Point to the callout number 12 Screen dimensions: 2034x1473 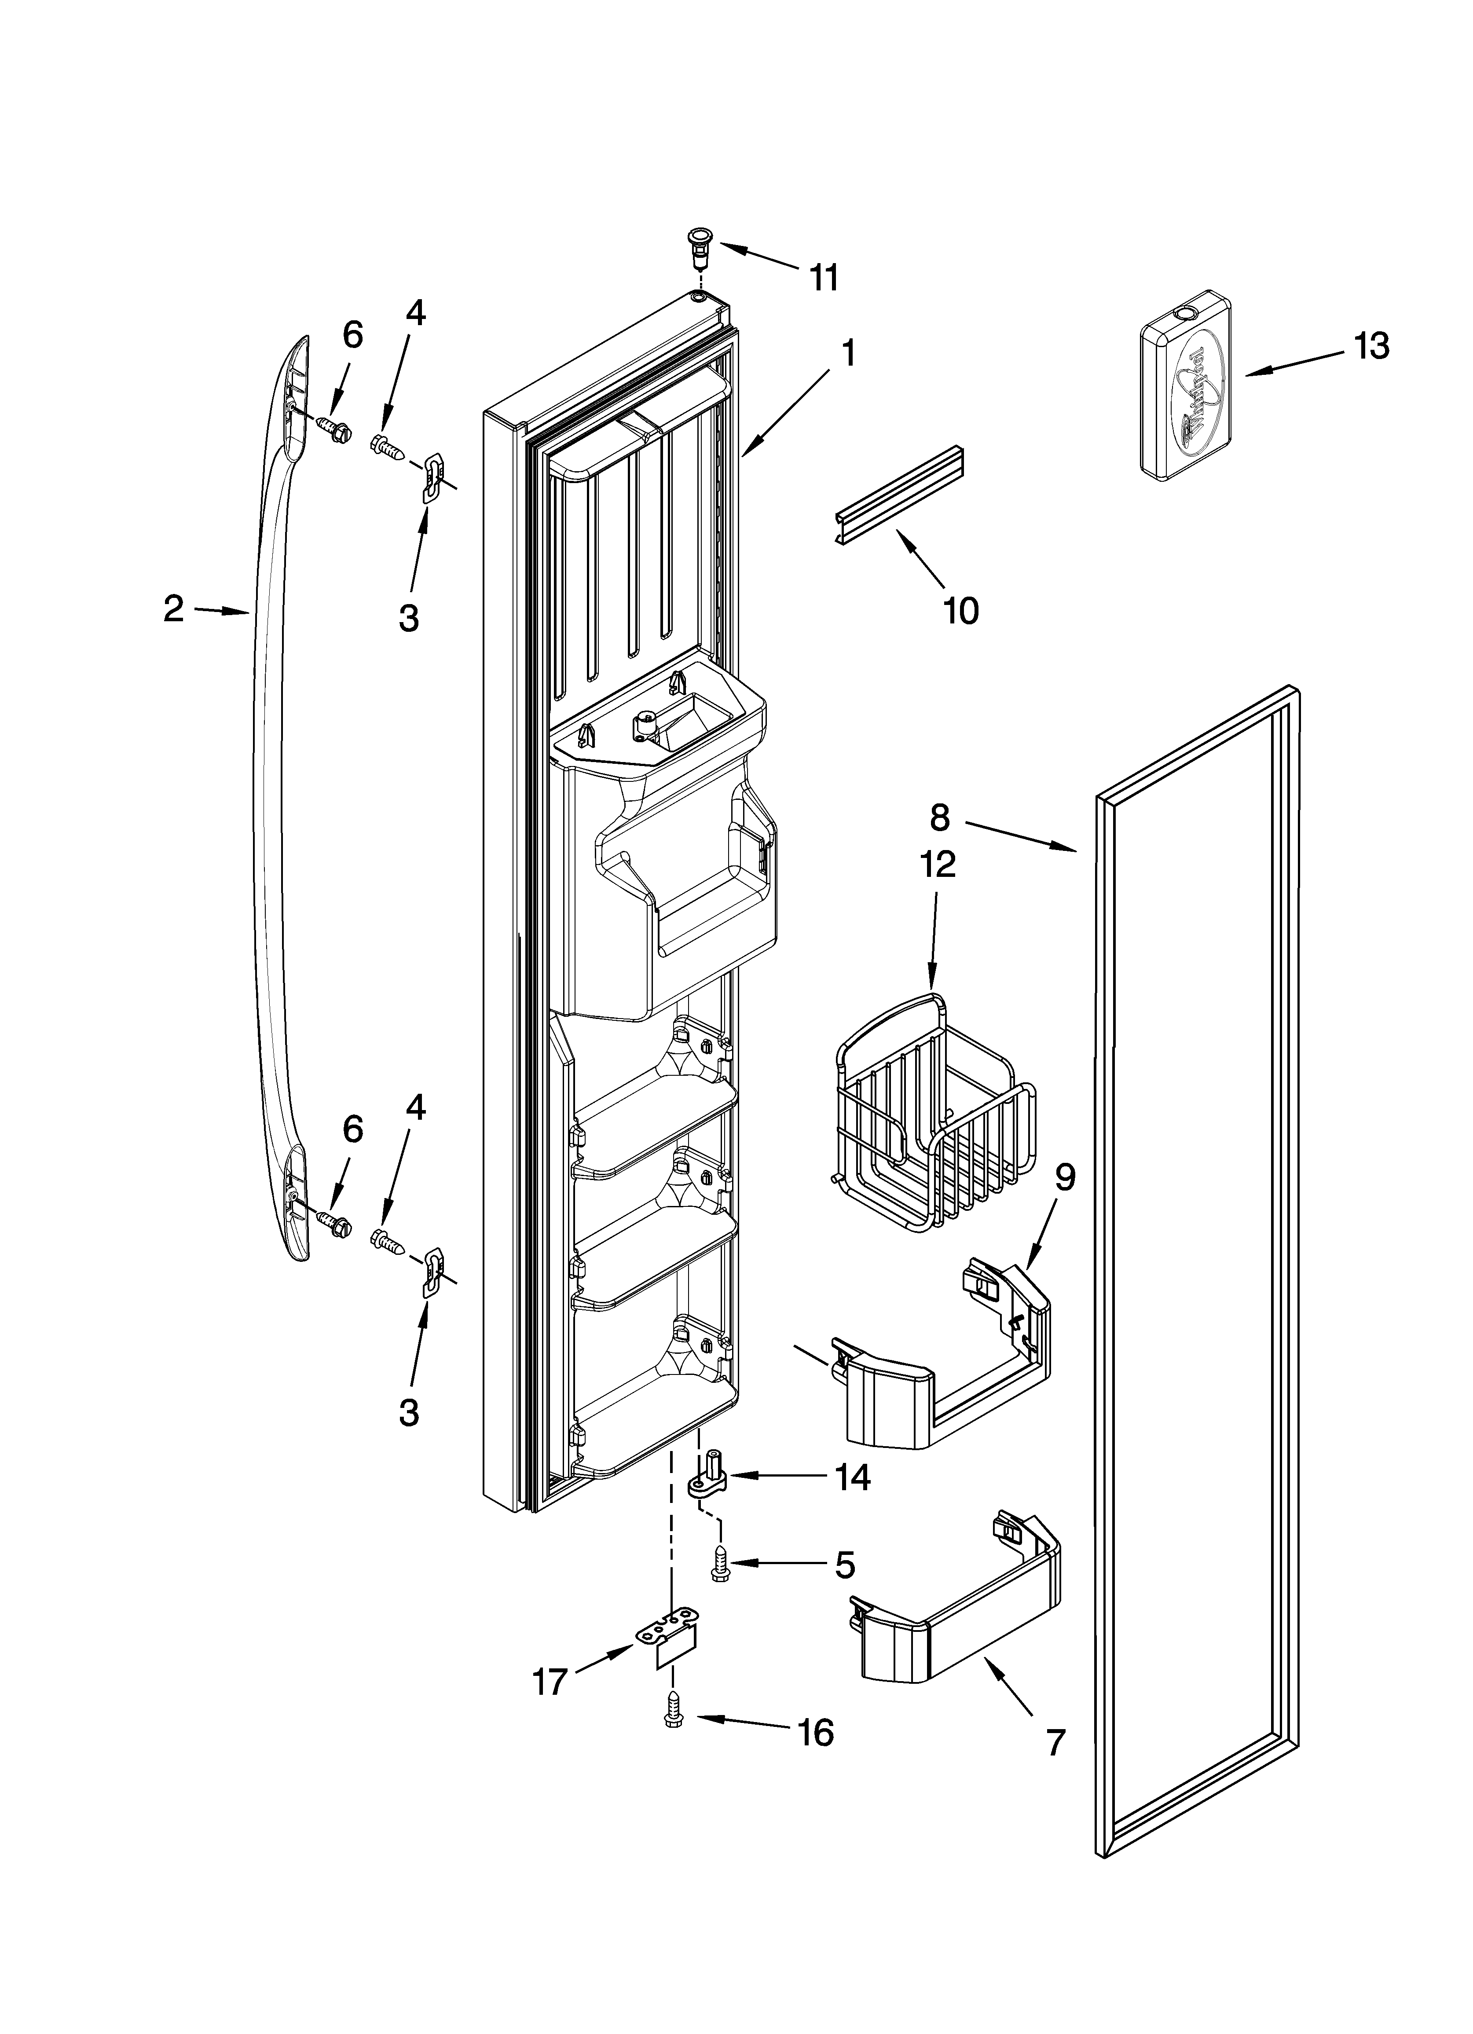pos(937,864)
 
